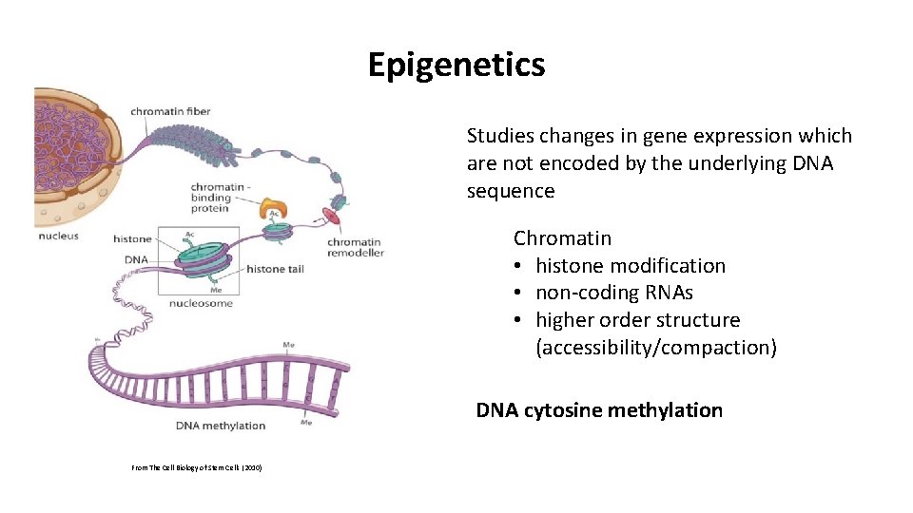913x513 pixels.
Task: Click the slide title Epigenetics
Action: pos(456,65)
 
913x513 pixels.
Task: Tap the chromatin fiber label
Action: pos(170,112)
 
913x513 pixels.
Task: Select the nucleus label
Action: pos(58,235)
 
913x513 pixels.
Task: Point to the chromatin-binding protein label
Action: pos(223,198)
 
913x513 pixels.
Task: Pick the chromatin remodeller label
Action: pos(355,248)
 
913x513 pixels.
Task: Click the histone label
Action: pos(132,238)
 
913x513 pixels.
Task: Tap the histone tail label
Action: pos(275,269)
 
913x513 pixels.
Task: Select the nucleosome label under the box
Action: pos(201,303)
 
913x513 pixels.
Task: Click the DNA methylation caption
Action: pos(221,425)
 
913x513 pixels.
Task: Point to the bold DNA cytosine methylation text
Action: pos(599,410)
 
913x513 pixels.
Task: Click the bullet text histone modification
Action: pos(630,266)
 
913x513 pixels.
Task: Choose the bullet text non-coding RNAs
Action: pos(613,293)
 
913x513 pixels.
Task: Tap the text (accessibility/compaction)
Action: pos(656,348)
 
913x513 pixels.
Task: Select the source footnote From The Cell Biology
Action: pos(197,468)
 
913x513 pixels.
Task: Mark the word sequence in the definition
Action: pos(510,191)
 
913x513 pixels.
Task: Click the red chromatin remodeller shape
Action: pos(333,215)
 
